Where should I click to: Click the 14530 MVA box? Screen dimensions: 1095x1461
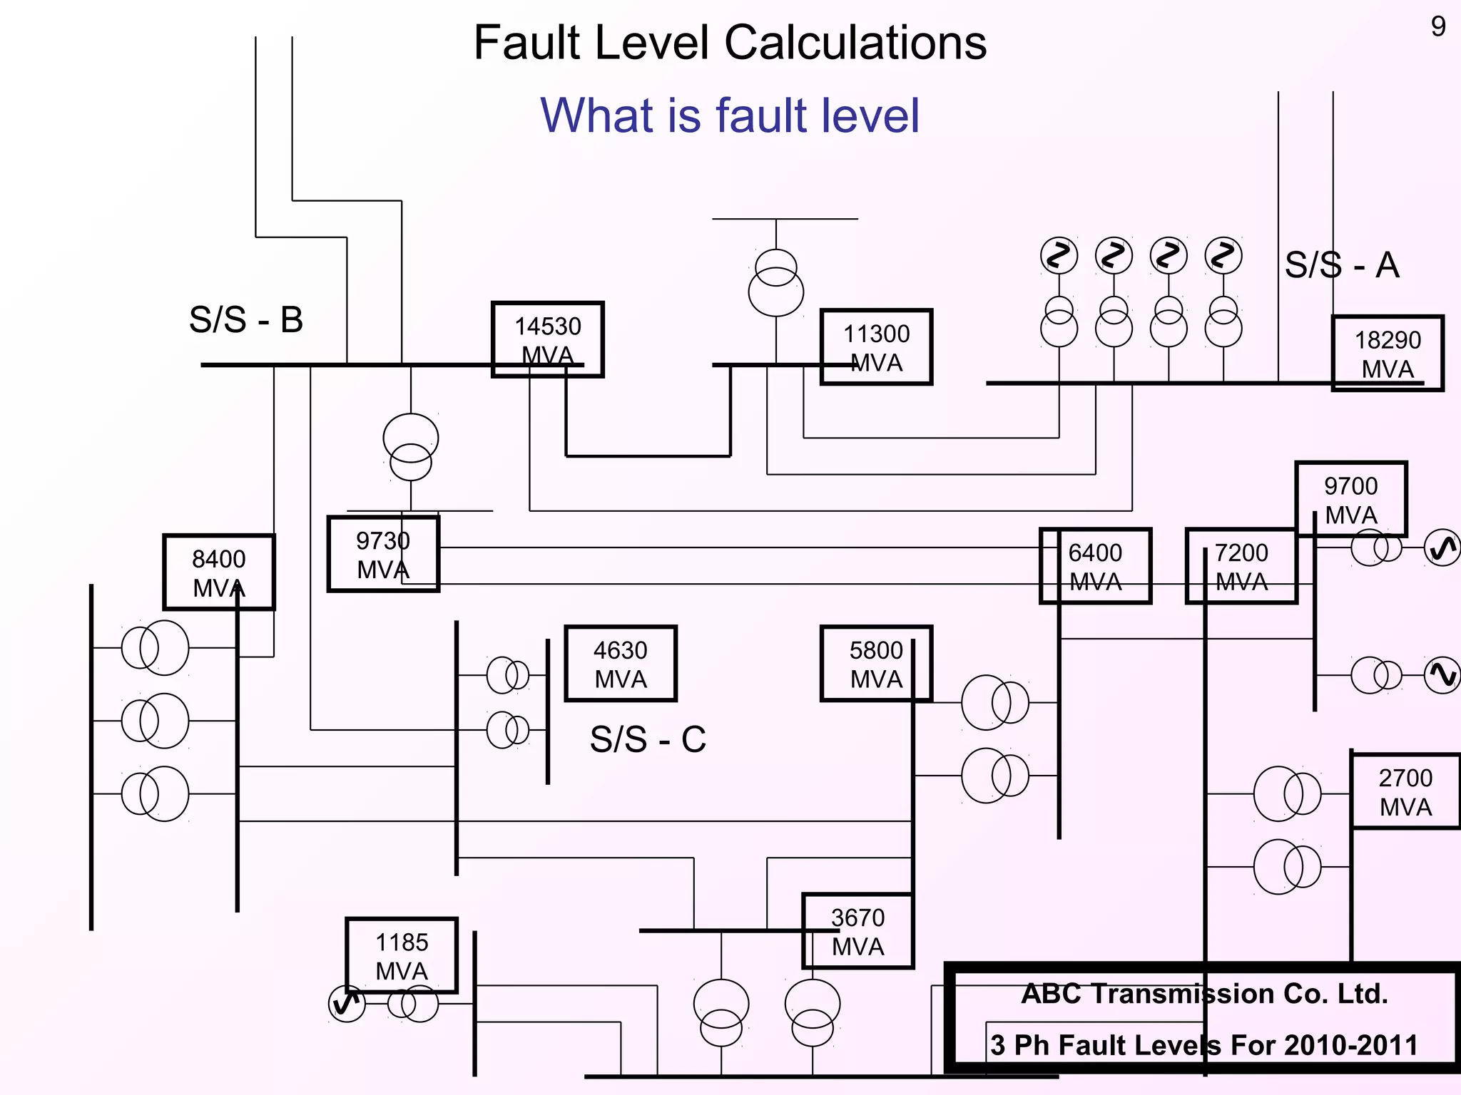pyautogui.click(x=548, y=339)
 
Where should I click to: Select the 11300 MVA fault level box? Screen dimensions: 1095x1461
pyautogui.click(x=876, y=347)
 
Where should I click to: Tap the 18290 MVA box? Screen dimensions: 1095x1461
pyautogui.click(x=1388, y=354)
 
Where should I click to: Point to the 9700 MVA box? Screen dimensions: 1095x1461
pyautogui.click(x=1351, y=499)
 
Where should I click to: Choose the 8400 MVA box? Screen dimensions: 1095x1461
pyautogui.click(x=219, y=572)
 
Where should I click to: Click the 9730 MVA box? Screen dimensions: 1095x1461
pyautogui.click(x=383, y=554)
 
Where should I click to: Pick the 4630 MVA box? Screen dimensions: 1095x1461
pyautogui.click(x=621, y=664)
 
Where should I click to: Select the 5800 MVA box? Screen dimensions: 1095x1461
pyautogui.click(x=876, y=664)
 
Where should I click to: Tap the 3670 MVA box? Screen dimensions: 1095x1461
pyautogui.click(x=857, y=931)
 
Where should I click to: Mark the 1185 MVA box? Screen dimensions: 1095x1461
pyautogui.click(x=402, y=955)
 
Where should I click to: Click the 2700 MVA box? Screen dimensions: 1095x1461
pyautogui.click(x=1405, y=791)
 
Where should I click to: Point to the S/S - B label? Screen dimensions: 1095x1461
pyautogui.click(x=246, y=319)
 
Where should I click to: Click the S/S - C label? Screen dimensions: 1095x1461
pyautogui.click(x=648, y=739)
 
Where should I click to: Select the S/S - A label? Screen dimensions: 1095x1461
pyautogui.click(x=1342, y=265)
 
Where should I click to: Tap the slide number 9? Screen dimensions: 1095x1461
pyautogui.click(x=1438, y=27)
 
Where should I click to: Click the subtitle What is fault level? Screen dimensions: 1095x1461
pyautogui.click(x=730, y=115)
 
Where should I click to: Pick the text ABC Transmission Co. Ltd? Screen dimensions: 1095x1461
pyautogui.click(x=1204, y=993)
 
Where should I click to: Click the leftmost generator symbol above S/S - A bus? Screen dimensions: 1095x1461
pyautogui.click(x=1059, y=256)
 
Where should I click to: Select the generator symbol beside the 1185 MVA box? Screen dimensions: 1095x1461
pyautogui.click(x=347, y=1004)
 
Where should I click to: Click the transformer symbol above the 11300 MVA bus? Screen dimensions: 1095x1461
pyautogui.click(x=775, y=282)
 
